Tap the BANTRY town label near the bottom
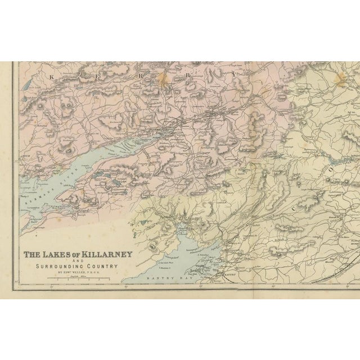[x=225, y=274]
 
